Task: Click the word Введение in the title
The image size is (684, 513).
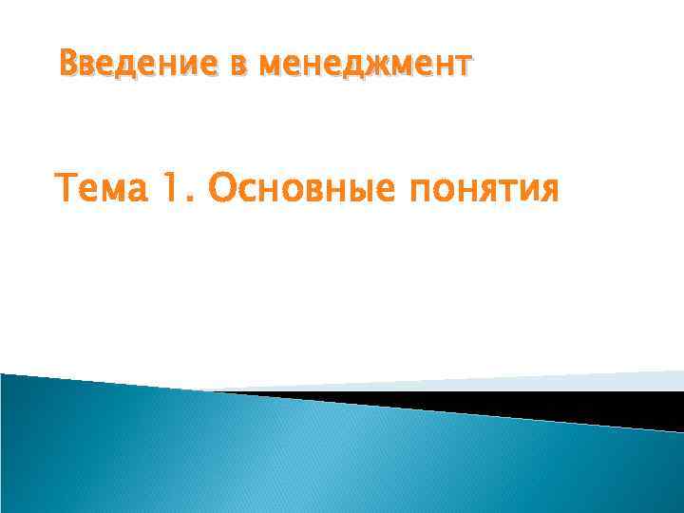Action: tap(125, 66)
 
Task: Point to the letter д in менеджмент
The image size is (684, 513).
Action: tap(335, 66)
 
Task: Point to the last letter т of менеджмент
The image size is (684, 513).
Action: tap(461, 66)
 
